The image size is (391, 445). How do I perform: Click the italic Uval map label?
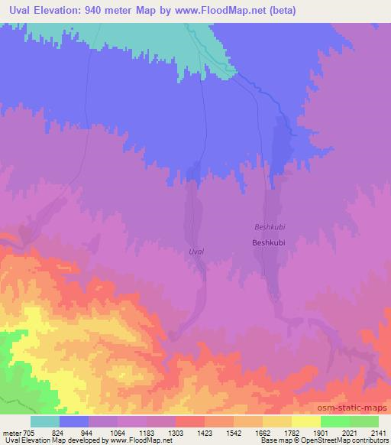coord(195,251)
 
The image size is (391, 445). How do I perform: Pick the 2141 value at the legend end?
coord(380,433)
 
